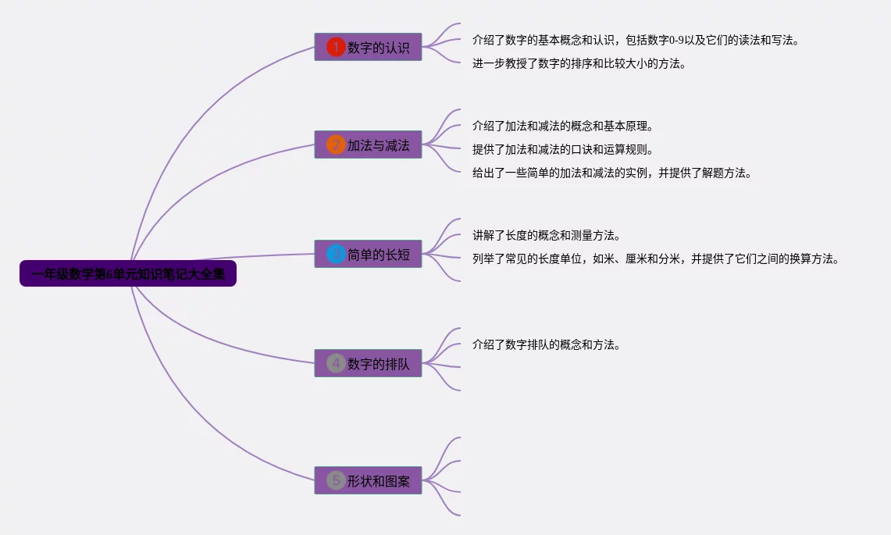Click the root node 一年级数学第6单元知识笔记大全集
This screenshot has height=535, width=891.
coord(127,274)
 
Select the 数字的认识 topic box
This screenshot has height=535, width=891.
coord(368,47)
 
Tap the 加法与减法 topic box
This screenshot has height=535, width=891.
coord(368,144)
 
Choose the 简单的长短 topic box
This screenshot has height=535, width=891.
coord(368,254)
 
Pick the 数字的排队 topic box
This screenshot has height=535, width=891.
coord(368,363)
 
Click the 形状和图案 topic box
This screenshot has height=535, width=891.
coord(368,480)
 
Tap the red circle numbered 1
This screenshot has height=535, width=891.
coord(336,47)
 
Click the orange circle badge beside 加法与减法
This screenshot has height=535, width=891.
coord(336,144)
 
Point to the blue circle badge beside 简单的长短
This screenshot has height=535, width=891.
coord(336,254)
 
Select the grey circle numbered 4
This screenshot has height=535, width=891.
coord(336,363)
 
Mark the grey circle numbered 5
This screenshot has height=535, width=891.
coord(336,480)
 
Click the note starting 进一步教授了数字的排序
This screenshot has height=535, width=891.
coord(579,64)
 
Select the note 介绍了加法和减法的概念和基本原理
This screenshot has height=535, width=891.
coord(562,126)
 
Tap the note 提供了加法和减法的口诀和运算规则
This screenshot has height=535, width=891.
coord(562,149)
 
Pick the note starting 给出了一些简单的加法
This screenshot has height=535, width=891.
coord(612,173)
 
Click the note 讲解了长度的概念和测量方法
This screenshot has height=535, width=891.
coord(546,235)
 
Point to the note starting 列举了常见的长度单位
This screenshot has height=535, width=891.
coord(656,259)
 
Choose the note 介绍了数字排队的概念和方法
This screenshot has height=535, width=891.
coord(546,344)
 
